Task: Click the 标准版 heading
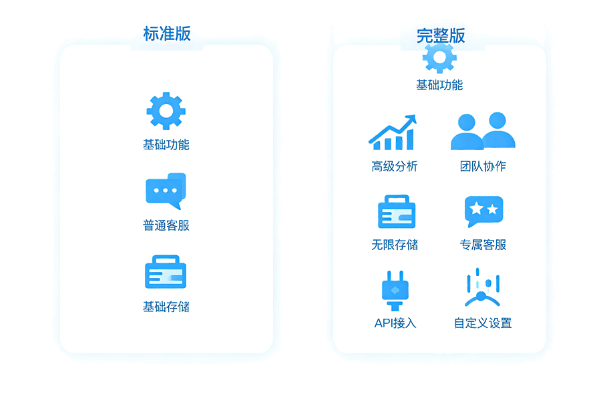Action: tap(167, 34)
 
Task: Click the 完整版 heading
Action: tap(441, 36)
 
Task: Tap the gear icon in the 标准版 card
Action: tap(166, 111)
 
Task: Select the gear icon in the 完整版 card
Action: tap(439, 58)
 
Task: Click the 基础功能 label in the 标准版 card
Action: tap(166, 145)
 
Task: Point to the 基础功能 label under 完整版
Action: tap(439, 85)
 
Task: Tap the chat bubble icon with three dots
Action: tap(166, 191)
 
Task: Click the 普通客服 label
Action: tap(166, 225)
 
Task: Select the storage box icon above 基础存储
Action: tap(166, 272)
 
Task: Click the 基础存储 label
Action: tap(166, 307)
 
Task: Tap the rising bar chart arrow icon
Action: tap(393, 133)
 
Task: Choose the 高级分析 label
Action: tap(395, 167)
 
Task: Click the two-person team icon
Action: tap(483, 131)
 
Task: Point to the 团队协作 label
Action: tap(483, 166)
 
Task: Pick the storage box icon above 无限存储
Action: tap(397, 212)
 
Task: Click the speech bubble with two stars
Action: tap(483, 211)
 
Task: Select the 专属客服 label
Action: tap(483, 245)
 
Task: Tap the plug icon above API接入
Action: tap(395, 291)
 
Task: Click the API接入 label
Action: tap(395, 323)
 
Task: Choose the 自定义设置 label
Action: tap(483, 323)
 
